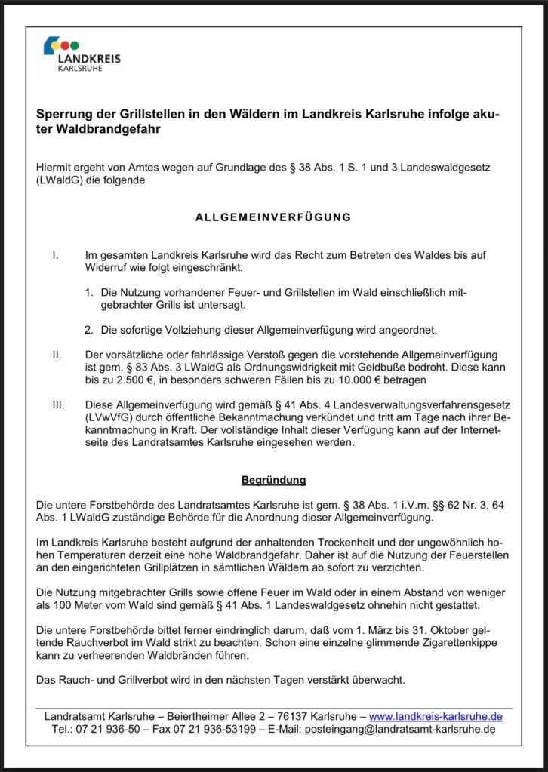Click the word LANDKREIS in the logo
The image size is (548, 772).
click(89, 58)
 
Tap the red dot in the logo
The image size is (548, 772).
click(65, 45)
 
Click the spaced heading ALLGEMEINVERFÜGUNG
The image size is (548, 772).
click(273, 217)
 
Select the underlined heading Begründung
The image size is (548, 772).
click(273, 479)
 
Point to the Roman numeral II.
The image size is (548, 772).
click(56, 353)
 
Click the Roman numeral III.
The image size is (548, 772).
click(57, 404)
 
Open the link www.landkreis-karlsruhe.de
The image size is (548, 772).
click(436, 716)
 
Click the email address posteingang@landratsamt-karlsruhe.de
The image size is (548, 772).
click(399, 730)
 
